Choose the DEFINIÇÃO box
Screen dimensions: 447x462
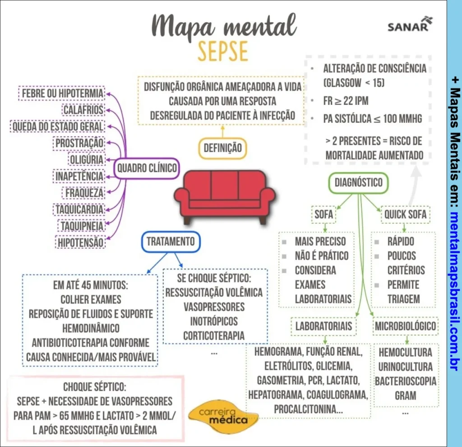pyautogui.click(x=222, y=148)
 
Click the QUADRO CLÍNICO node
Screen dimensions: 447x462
pyautogui.click(x=147, y=168)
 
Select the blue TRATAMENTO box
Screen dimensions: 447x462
pyautogui.click(x=171, y=241)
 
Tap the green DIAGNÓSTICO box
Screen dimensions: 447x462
pyautogui.click(x=358, y=183)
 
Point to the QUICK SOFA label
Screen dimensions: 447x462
pyautogui.click(x=405, y=214)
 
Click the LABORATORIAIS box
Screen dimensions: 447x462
pyautogui.click(x=323, y=326)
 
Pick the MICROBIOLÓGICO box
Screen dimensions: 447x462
pyautogui.click(x=405, y=326)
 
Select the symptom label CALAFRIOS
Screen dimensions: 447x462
pyautogui.click(x=83, y=110)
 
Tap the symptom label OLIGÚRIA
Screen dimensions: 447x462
pyautogui.click(x=86, y=159)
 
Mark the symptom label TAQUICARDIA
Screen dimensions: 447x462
pyautogui.click(x=79, y=210)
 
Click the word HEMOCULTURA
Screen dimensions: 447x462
pyautogui.click(x=405, y=352)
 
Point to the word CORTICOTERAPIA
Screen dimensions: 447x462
pyautogui.click(x=214, y=335)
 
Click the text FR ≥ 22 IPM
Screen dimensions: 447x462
pyautogui.click(x=346, y=100)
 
